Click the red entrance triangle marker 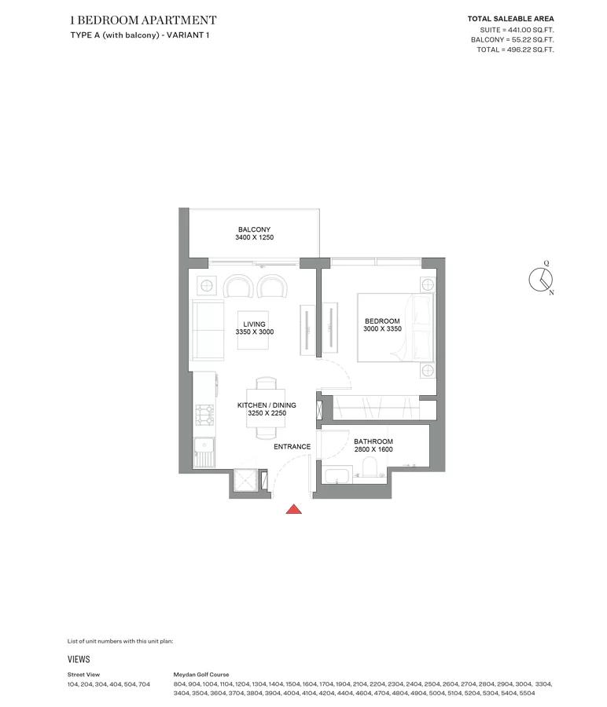[294, 509]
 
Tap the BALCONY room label [255, 229]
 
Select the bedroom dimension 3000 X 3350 [382, 328]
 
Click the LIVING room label [254, 324]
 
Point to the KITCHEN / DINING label [267, 405]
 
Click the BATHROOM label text [373, 441]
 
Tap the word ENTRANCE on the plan [292, 447]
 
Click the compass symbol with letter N [541, 279]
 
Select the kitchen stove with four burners [204, 415]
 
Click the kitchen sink [205, 452]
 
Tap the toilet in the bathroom [370, 467]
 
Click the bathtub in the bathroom [337, 477]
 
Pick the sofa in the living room [207, 330]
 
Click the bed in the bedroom [395, 328]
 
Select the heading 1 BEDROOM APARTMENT [144, 20]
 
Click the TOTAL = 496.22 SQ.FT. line [515, 49]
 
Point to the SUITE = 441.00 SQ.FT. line [517, 30]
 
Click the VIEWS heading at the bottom [79, 659]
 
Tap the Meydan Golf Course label [201, 675]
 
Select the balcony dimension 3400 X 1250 [255, 237]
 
